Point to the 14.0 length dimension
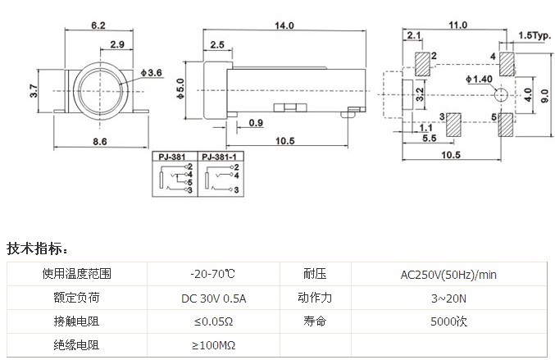pos(284,26)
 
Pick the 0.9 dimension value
pos(256,123)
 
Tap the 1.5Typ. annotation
pos(535,37)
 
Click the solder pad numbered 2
pos(423,63)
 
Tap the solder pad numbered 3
pos(453,125)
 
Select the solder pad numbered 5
pos(505,125)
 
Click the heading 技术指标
pos(39,248)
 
